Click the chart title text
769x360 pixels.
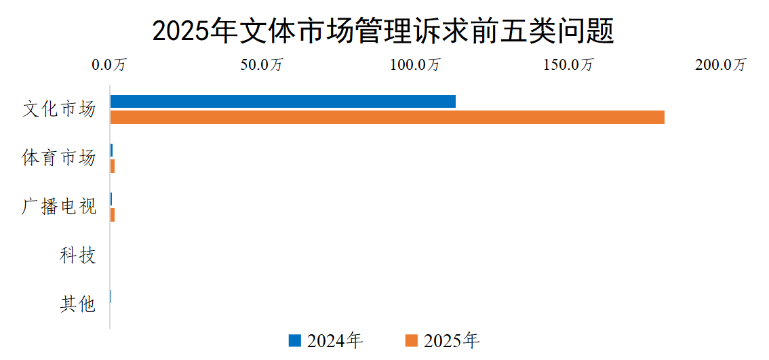[383, 31]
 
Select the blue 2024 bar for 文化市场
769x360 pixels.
[283, 102]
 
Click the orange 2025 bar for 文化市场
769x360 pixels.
[387, 117]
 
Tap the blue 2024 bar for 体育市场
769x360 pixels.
[112, 151]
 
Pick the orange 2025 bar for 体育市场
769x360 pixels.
[113, 166]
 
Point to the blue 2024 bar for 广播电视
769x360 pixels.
[111, 199]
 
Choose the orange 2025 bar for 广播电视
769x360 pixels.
[113, 215]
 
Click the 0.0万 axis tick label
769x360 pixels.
[110, 65]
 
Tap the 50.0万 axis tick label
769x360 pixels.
[262, 65]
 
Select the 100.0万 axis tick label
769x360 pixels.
[415, 65]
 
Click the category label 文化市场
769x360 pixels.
[59, 110]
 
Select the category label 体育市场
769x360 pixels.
[59, 159]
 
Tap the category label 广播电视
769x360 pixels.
[59, 207]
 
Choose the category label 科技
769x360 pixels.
[78, 256]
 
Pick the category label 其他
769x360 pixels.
[78, 305]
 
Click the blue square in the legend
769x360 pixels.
[294, 340]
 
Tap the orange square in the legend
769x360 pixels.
[411, 340]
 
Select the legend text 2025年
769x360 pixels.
[452, 340]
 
